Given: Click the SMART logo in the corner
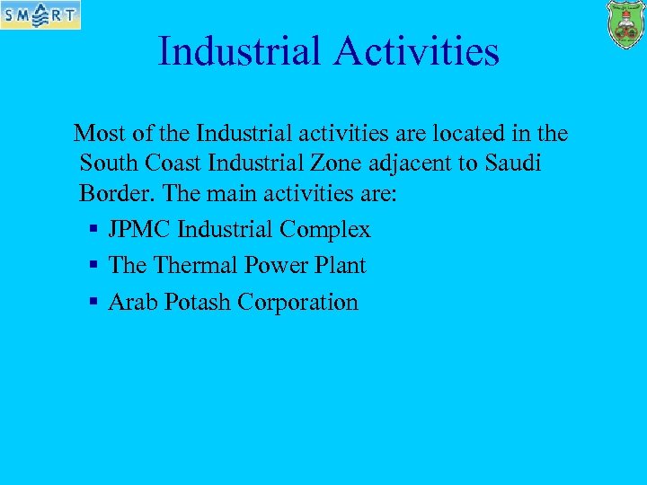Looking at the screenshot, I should tap(40, 14).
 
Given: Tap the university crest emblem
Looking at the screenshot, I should tap(625, 24).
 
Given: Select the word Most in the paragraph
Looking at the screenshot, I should tap(99, 134).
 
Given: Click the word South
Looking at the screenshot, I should tap(105, 163).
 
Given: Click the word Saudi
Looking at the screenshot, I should tap(513, 163).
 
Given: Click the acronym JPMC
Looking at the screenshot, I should tap(139, 230).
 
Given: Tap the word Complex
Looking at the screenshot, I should tap(324, 231).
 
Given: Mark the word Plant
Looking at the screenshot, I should tap(341, 266).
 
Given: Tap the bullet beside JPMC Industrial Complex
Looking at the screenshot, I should tap(93, 231).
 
